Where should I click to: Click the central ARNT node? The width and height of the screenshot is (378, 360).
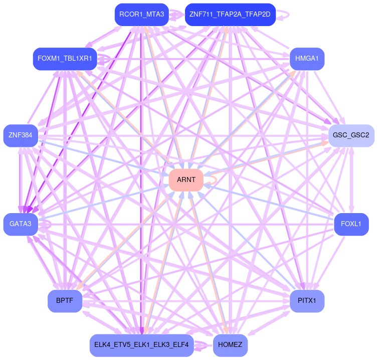[186, 179]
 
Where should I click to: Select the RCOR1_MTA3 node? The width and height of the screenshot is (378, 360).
[142, 14]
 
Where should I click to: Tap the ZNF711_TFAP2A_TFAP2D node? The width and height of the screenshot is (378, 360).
[230, 14]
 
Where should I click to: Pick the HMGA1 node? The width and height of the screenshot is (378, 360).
[307, 59]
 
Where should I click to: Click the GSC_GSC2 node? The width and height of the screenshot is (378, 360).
[351, 135]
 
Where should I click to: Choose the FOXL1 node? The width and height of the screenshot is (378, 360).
[351, 223]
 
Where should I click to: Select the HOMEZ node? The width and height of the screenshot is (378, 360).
[230, 345]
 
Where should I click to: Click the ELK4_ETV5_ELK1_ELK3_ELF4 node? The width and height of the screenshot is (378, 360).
[141, 345]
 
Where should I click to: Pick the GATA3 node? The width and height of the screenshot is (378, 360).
[21, 224]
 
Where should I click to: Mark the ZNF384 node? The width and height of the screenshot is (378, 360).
[21, 135]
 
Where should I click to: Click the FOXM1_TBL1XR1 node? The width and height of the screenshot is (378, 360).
[65, 59]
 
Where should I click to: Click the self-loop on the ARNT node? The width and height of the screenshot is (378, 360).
[215, 179]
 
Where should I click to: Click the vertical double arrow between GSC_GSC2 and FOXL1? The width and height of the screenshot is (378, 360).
[351, 179]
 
